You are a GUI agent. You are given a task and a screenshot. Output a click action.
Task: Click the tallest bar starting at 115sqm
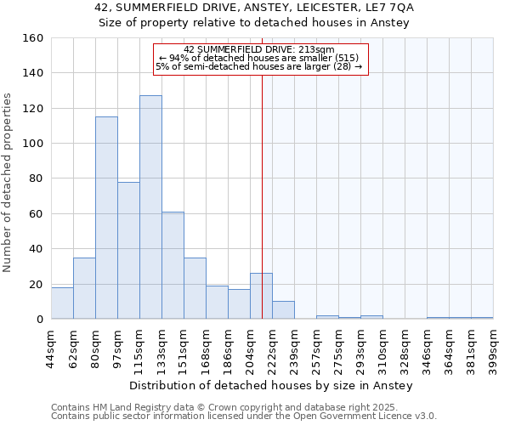pos(150,207)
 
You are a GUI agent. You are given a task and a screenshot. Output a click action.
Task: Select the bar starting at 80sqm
pos(106,218)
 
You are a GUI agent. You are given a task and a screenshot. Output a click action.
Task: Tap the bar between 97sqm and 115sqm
pos(128,251)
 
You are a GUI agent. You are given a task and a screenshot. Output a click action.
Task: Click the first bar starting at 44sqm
pos(62,303)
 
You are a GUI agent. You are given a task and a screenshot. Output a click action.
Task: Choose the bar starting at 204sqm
pos(261,297)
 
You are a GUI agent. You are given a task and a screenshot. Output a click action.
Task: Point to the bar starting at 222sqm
pos(283,310)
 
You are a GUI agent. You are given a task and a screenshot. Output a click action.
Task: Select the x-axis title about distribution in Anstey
pos(272,386)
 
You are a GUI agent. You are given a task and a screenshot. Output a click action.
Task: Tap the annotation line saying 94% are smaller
pos(260,57)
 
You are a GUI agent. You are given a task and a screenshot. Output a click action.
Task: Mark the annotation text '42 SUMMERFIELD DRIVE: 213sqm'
pos(260,49)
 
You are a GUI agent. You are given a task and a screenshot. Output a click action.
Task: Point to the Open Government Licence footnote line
pos(244,416)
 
